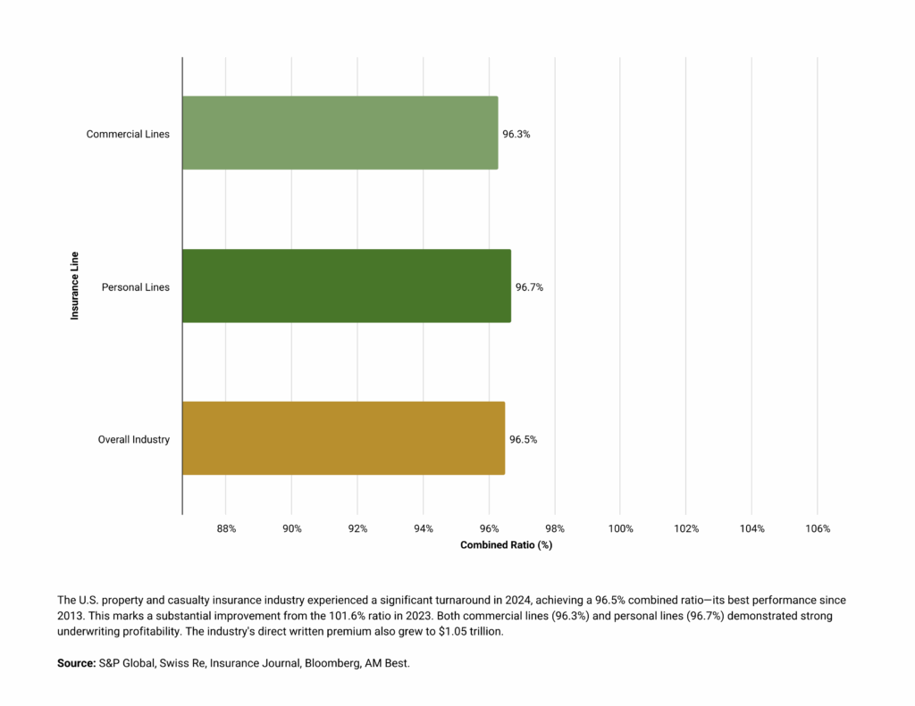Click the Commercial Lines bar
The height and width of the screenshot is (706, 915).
(340, 133)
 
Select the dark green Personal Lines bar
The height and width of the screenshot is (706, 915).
(347, 287)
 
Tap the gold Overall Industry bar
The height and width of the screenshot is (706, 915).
(343, 438)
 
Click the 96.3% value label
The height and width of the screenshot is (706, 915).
(516, 134)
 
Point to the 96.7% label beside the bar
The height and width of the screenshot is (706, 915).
(529, 287)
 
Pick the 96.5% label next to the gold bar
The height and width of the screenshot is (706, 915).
(524, 439)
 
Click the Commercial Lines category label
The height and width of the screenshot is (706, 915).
(128, 134)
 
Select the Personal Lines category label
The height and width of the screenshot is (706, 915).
(135, 287)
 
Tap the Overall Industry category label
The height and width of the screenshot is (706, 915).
(133, 439)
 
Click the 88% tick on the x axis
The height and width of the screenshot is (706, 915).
(226, 528)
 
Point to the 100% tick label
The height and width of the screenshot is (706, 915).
(620, 528)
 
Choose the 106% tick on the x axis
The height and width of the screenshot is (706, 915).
(818, 528)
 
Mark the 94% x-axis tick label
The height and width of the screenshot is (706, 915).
(424, 528)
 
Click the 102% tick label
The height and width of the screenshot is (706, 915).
(686, 528)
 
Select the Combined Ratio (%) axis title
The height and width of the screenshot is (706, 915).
(507, 544)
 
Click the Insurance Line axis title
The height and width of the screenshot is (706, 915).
(75, 286)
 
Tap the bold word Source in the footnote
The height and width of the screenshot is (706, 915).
(76, 664)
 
